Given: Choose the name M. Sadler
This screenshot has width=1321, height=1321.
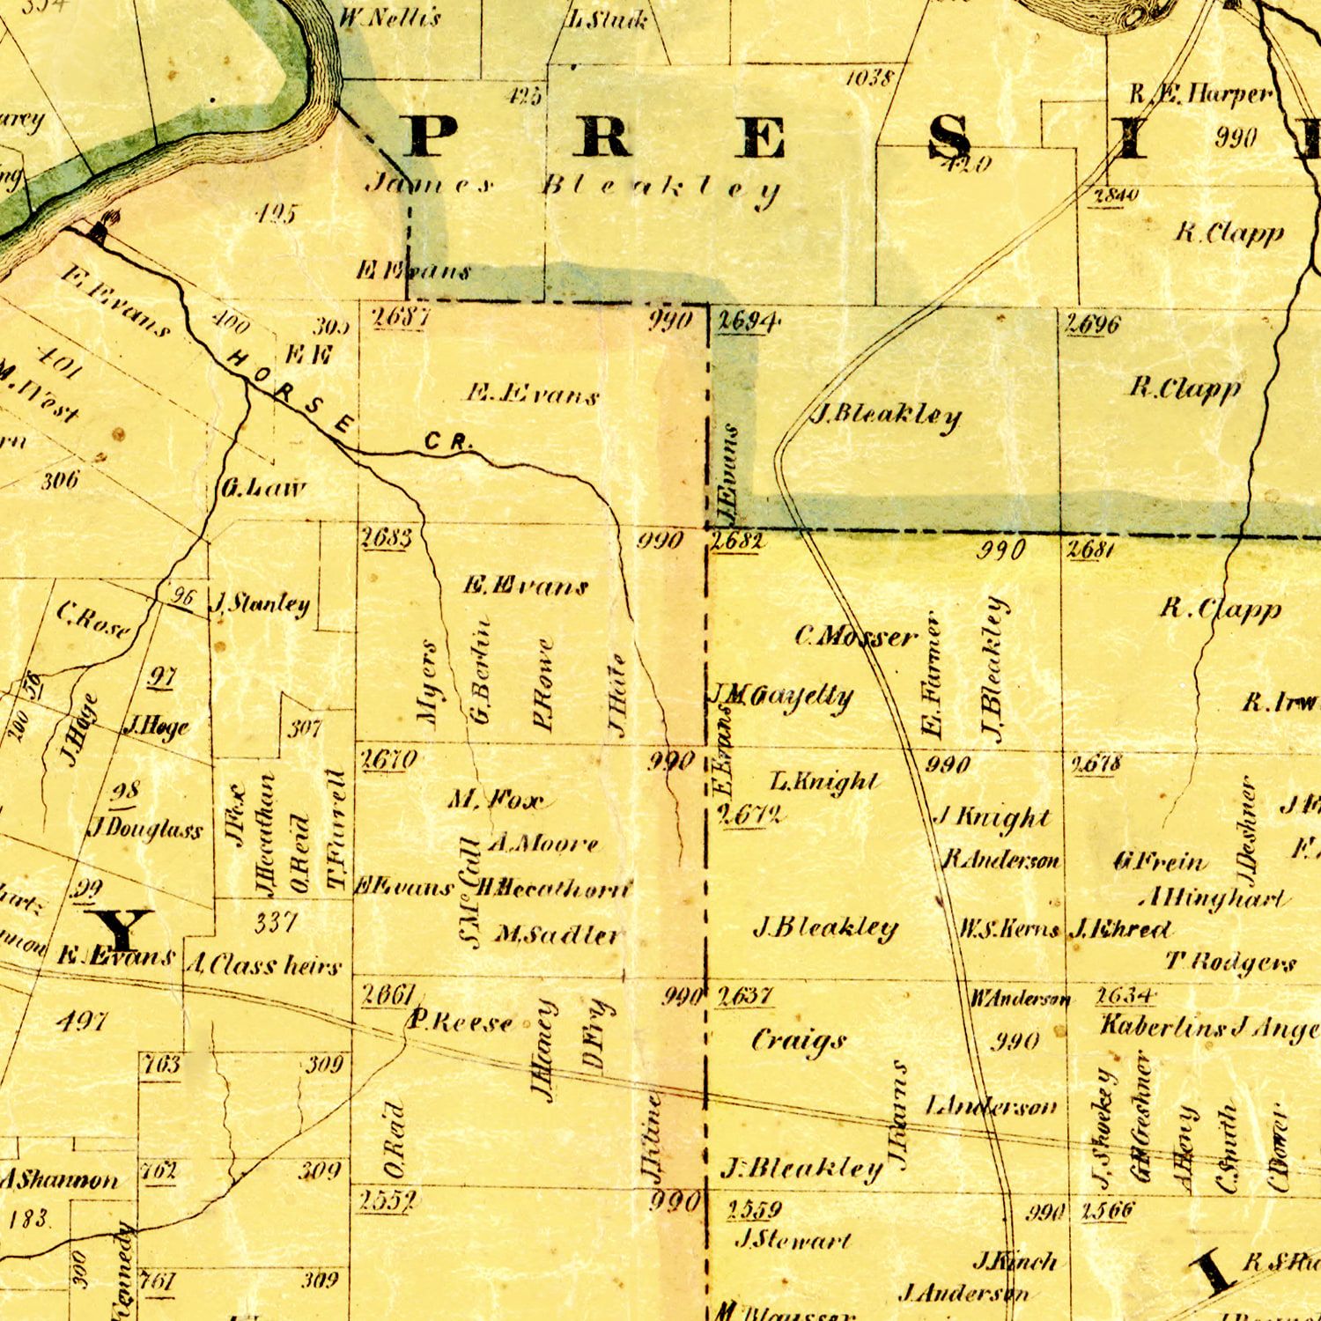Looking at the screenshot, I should (x=556, y=934).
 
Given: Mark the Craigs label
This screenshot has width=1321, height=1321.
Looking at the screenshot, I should (x=798, y=1042).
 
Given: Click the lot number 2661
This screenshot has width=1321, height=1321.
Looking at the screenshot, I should (x=388, y=996).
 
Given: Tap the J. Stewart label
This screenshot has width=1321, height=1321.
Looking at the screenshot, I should (x=793, y=1241).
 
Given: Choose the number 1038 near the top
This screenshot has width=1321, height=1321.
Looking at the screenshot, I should (x=871, y=78).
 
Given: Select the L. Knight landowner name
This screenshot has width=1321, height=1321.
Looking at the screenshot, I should (x=824, y=782).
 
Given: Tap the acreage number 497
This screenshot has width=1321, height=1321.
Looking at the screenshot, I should (x=81, y=1022).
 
